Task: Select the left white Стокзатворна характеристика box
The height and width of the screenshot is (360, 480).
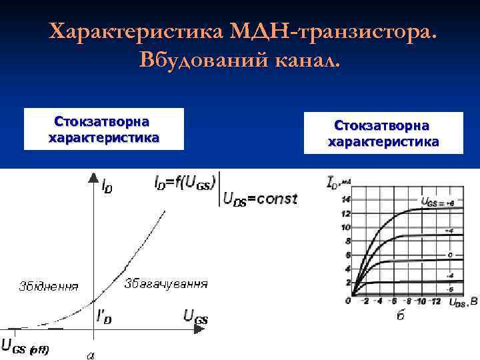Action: point(103,129)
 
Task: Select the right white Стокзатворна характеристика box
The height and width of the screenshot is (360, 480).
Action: point(383,133)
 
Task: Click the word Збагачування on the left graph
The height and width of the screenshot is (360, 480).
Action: point(166,283)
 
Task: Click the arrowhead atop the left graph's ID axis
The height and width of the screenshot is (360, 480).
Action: point(91,177)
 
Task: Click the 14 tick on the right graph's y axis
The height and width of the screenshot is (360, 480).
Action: point(345,199)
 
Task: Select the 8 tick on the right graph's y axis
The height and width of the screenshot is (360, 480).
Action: point(346,241)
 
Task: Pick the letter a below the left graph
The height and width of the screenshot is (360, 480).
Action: point(91,354)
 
